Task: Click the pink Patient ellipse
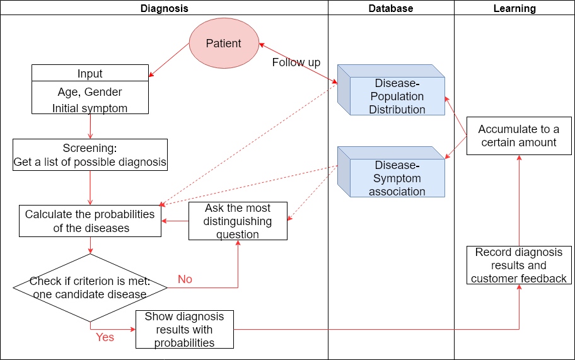point(224,44)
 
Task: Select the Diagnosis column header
point(164,8)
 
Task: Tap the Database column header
point(391,8)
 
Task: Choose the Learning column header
point(514,8)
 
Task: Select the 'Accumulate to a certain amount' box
point(518,136)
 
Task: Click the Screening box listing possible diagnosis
point(90,155)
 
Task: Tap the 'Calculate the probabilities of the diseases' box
point(90,221)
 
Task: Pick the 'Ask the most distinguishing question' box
point(238,221)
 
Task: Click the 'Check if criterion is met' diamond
point(90,288)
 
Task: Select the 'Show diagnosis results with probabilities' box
point(184,329)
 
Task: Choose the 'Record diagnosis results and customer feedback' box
point(518,265)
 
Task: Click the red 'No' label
point(185,279)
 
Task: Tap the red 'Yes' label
point(105,337)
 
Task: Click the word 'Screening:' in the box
point(90,149)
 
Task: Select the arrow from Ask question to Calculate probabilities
point(175,221)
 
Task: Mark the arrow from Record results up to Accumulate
point(519,202)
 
